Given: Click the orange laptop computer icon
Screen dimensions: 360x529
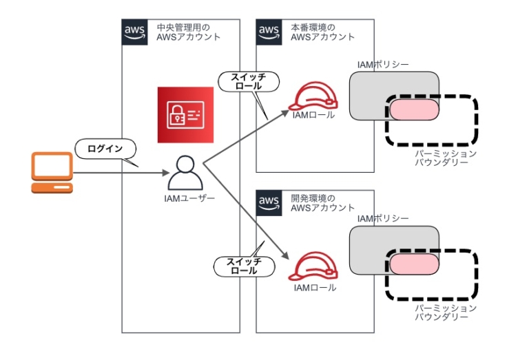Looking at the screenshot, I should tap(52, 173).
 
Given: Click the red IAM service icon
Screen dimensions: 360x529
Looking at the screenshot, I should tap(185, 115).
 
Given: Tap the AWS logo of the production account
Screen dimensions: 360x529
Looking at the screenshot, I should tap(269, 32).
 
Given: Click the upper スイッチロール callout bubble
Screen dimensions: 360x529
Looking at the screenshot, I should tap(249, 82).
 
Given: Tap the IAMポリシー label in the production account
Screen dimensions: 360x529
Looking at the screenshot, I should tap(382, 65).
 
